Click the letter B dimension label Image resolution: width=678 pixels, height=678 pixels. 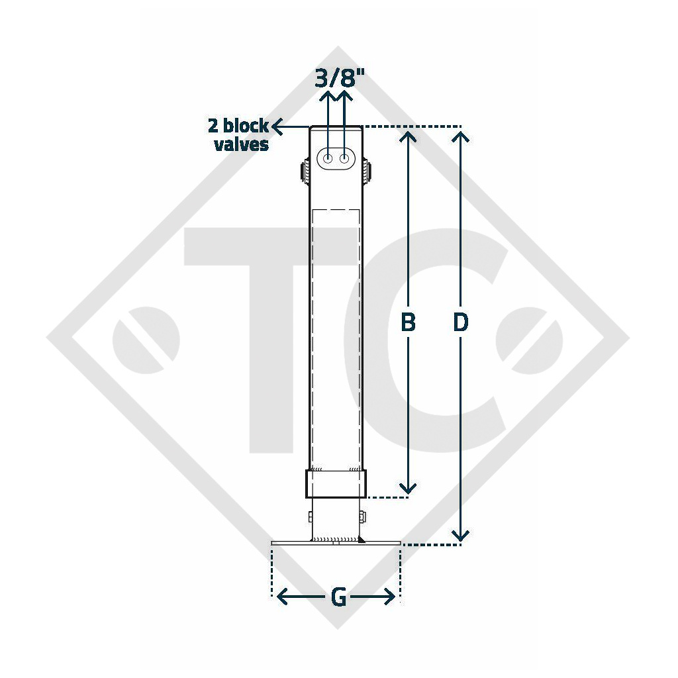coord(409,322)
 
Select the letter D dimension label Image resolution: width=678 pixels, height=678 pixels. coord(461,322)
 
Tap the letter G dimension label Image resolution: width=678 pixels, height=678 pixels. coord(338,597)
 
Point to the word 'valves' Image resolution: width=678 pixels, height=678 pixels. coord(241,144)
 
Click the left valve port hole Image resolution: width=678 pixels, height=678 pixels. coord(328,159)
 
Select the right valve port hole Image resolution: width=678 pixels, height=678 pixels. coord(345,159)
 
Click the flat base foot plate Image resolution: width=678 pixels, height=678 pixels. coord(336,544)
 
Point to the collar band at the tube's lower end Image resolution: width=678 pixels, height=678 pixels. coord(336,484)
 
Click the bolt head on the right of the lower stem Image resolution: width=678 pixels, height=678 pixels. coord(364,518)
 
